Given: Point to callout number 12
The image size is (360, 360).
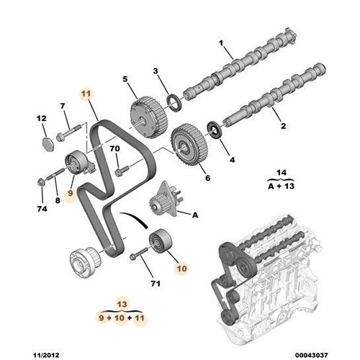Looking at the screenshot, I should tap(41, 117).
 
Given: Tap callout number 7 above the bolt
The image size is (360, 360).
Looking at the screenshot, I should tap(63, 107).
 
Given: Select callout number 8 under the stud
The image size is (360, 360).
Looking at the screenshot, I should tap(58, 201).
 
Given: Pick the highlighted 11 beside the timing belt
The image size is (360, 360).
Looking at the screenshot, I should tap(86, 94).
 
